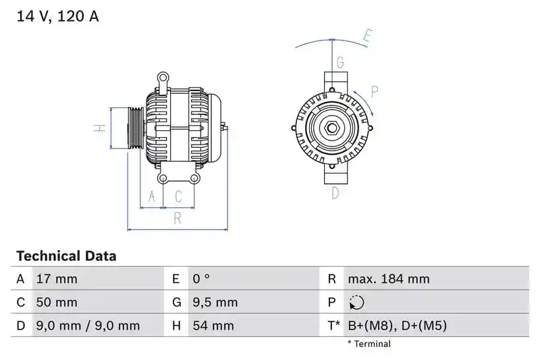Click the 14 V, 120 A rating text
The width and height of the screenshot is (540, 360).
click(57, 16)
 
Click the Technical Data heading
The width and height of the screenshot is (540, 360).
click(66, 256)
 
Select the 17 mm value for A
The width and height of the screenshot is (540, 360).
click(57, 279)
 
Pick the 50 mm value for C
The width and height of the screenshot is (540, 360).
click(57, 302)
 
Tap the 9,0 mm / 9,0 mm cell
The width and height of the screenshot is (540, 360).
click(88, 326)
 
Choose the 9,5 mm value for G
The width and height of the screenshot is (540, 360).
click(215, 302)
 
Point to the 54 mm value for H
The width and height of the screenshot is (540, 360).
click(213, 326)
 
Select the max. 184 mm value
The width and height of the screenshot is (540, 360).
click(389, 279)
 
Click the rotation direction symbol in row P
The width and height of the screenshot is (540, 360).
click(356, 303)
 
